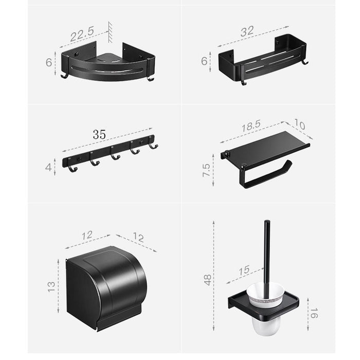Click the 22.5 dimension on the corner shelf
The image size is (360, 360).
click(x=82, y=34)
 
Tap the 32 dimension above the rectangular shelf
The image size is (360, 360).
click(x=247, y=31)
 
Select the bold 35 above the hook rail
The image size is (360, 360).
click(x=99, y=135)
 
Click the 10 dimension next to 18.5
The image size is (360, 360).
click(x=299, y=124)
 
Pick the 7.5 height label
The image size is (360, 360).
click(x=206, y=170)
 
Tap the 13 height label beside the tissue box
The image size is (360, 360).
click(x=51, y=286)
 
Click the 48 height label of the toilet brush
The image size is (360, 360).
click(x=208, y=280)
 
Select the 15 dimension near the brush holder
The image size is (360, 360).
click(x=244, y=271)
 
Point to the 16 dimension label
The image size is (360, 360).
click(x=314, y=313)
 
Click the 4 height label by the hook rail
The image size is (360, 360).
click(x=48, y=167)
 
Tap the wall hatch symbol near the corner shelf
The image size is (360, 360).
click(x=110, y=32)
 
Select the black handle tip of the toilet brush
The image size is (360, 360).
click(x=267, y=222)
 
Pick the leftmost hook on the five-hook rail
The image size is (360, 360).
click(x=73, y=169)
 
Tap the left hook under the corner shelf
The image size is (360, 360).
click(x=64, y=76)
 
